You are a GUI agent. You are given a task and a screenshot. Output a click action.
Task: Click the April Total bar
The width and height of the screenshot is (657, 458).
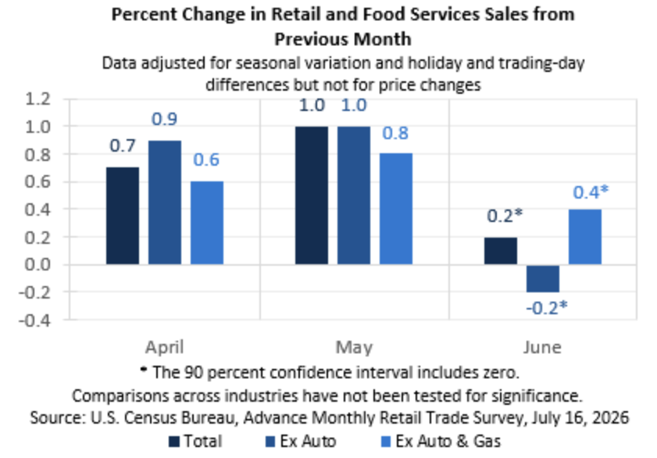point(123,216)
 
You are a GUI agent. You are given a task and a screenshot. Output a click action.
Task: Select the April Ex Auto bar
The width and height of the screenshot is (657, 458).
point(165,202)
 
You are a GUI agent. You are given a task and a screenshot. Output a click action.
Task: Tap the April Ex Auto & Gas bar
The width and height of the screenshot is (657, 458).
point(207,223)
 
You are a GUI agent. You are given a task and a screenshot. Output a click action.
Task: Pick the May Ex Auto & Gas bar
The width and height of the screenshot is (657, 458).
point(396,209)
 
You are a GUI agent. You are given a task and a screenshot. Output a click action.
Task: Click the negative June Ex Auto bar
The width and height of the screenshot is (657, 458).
point(543,279)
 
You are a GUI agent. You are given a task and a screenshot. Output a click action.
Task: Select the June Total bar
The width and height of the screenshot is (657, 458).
point(501,251)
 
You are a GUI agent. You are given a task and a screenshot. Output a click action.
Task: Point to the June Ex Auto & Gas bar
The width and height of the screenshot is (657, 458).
point(585,237)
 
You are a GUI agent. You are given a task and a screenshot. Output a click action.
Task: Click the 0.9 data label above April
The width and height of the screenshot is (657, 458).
point(164,119)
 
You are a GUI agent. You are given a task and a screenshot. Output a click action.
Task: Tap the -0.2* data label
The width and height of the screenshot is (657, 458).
point(547,308)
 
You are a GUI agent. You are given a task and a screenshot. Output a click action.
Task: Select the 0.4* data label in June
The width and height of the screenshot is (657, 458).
point(591,192)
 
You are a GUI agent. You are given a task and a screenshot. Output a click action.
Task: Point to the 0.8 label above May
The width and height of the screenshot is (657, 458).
point(395,133)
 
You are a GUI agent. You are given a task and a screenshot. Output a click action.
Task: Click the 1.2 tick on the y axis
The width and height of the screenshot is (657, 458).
point(37,99)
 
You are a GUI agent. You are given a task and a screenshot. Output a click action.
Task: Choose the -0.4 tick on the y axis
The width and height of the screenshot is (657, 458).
point(35,320)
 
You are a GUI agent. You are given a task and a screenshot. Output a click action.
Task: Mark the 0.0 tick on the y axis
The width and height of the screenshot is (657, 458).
point(37,265)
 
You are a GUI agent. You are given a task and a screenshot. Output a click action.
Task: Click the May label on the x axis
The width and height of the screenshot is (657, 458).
point(354,348)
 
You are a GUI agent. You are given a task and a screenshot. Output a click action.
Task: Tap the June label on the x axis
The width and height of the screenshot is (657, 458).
point(542,347)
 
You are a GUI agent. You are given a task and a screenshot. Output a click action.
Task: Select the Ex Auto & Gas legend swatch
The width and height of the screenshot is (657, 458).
point(386,442)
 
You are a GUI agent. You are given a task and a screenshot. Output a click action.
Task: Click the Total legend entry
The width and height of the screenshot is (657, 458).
point(195,442)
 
